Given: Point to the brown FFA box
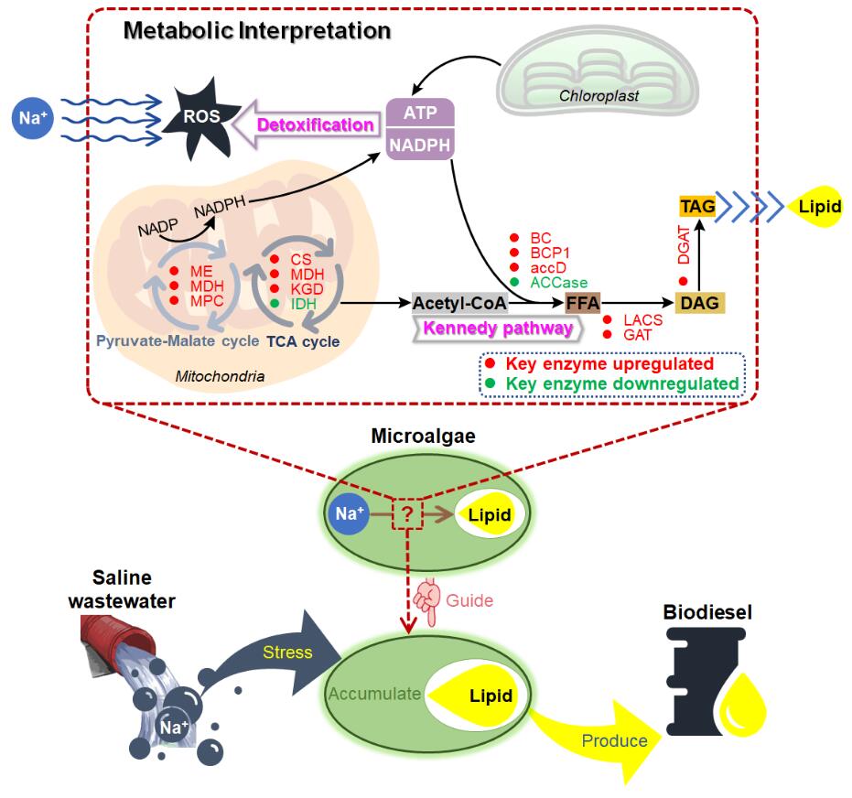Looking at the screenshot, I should [583, 303].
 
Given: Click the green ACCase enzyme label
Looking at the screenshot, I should [558, 283].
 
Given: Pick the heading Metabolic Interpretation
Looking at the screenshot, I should [257, 30].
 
